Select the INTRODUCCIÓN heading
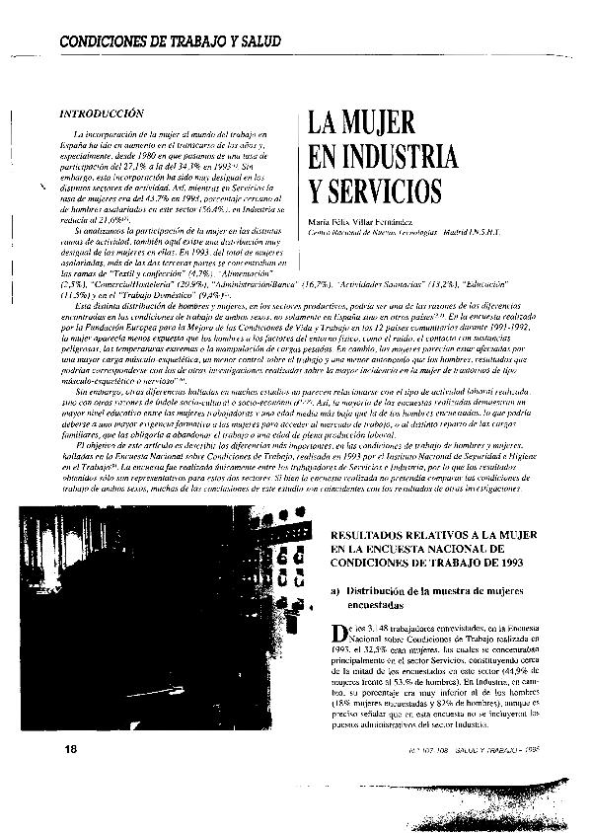pyautogui.click(x=103, y=114)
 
